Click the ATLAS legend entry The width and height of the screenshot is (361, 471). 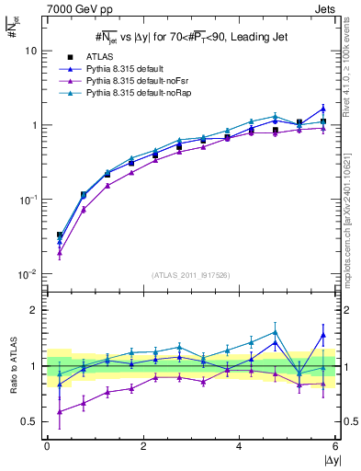tap(99, 56)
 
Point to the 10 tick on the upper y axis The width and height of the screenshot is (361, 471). tap(30, 52)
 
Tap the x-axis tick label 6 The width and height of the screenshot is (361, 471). tap(335, 446)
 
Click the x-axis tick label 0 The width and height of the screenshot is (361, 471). tap(47, 446)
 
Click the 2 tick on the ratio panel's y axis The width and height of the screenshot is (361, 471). tap(33, 310)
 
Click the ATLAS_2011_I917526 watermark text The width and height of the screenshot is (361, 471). tap(191, 275)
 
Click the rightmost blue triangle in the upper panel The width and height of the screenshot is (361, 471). tap(322, 109)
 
